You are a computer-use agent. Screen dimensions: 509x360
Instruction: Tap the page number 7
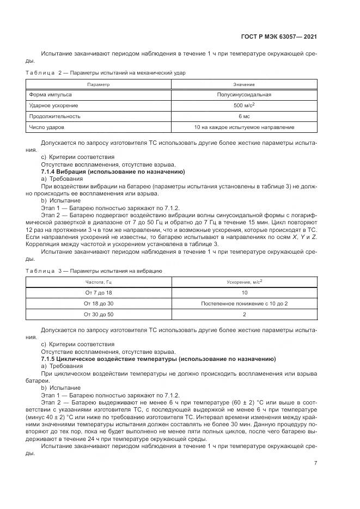pos(316,463)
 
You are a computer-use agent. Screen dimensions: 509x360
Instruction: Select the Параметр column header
pos(99,84)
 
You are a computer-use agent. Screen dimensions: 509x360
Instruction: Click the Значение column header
pos(244,84)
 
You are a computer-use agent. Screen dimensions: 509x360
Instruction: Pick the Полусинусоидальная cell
pos(244,95)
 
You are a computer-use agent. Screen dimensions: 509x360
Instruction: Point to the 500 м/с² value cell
pos(244,105)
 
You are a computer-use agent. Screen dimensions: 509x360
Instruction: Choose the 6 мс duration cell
pos(244,116)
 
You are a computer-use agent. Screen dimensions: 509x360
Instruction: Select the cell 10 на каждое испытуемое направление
pos(244,127)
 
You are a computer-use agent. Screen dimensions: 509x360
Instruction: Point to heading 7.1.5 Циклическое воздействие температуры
pos(158,359)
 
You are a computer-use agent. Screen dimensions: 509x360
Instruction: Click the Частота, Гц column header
pos(99,281)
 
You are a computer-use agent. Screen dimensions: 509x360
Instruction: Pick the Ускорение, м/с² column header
pos(244,281)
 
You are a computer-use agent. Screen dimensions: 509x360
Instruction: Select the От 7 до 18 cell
pos(99,292)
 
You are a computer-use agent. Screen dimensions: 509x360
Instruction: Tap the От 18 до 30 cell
pos(99,303)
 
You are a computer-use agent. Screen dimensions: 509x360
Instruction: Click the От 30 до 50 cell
pos(99,314)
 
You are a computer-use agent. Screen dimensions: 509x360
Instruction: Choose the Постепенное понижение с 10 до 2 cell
pos(244,303)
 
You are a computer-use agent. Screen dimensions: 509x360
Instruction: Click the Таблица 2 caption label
pos(47,72)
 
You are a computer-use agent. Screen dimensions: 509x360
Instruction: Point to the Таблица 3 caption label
pos(47,270)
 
